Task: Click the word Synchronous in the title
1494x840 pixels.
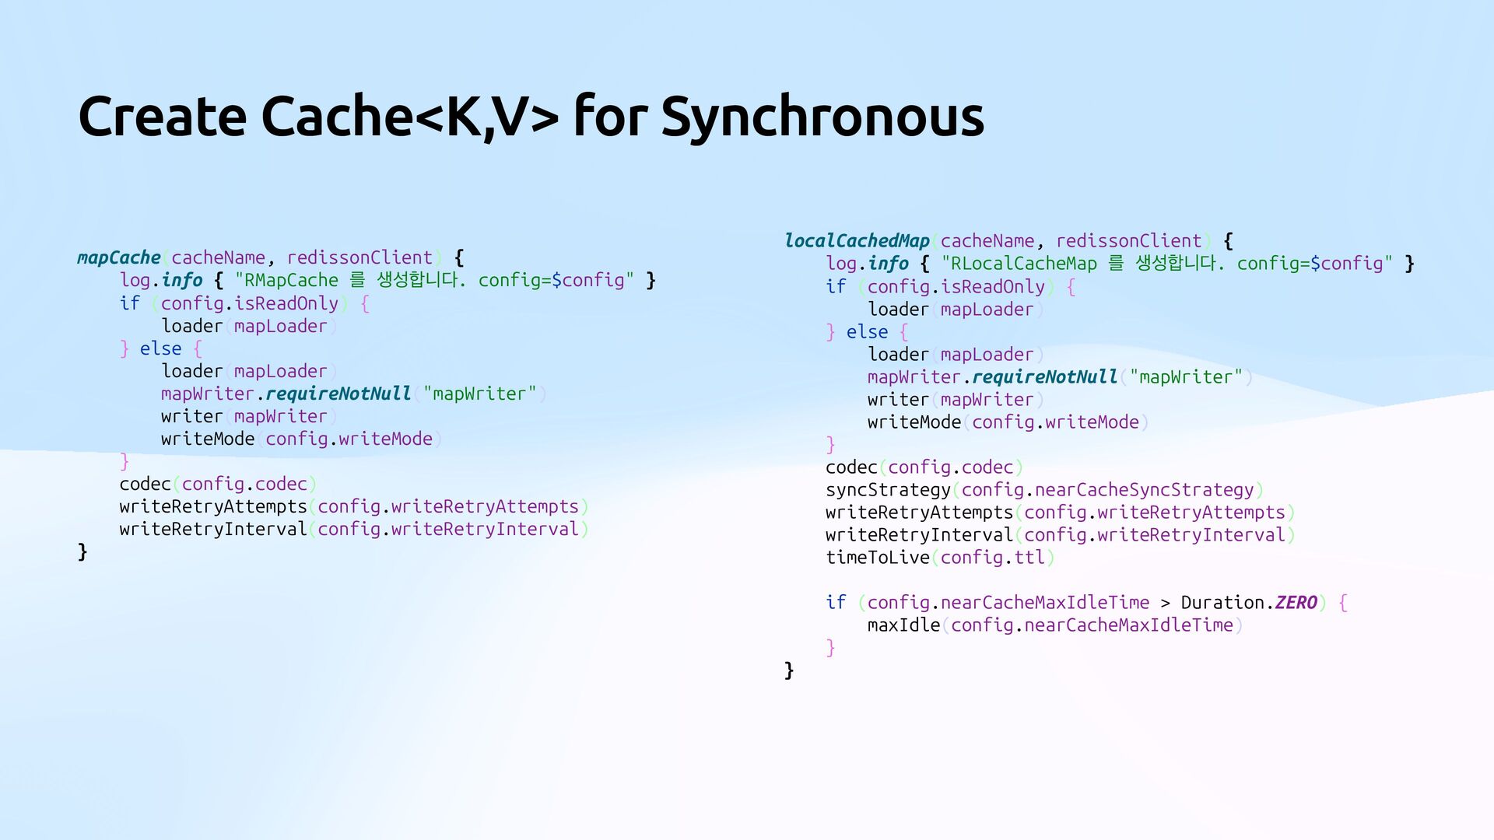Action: coord(822,117)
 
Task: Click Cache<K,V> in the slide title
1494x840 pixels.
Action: coord(409,117)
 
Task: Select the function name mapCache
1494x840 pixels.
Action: coord(118,257)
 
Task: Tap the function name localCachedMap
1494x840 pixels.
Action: coord(857,241)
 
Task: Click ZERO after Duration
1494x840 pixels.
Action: coord(1296,603)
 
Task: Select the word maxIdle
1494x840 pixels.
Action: coord(903,625)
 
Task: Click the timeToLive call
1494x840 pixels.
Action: coord(878,558)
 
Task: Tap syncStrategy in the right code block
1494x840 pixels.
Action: coord(888,490)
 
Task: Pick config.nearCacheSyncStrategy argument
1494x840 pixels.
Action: coord(1107,490)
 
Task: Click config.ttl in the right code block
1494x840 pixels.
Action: coord(992,558)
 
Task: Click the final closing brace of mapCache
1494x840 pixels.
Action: coord(82,552)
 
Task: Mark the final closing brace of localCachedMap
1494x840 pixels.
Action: coord(789,670)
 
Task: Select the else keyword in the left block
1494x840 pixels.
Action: coord(160,348)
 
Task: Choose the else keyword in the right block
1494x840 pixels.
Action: coord(867,332)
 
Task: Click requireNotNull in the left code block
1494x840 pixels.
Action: coord(338,394)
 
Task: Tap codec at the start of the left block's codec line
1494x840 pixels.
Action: coord(145,484)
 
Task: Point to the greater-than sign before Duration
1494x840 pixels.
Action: coord(1165,603)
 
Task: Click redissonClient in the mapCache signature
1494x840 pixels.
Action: coord(359,257)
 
